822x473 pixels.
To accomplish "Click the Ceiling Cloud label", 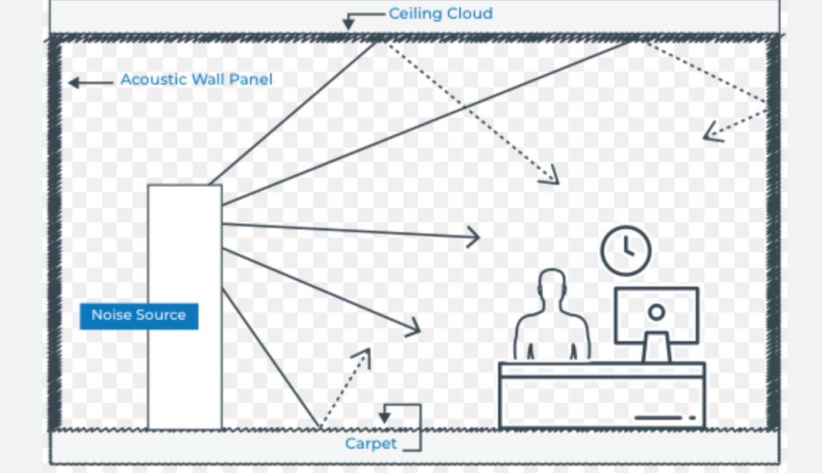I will (x=440, y=14).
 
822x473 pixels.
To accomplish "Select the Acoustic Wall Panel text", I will (x=196, y=80).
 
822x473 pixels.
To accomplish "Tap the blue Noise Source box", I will (x=138, y=315).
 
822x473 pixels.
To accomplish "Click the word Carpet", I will (x=371, y=444).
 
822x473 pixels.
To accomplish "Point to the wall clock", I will (x=626, y=251).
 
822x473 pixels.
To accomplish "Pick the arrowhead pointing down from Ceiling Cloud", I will (x=348, y=24).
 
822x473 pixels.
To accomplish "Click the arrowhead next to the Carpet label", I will (x=386, y=416).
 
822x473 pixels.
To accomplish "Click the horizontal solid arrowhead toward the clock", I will (x=474, y=236).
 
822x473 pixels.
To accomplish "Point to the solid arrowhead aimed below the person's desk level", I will (x=414, y=329).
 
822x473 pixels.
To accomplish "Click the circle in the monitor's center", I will (x=656, y=312).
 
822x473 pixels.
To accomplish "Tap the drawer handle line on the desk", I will (x=658, y=417).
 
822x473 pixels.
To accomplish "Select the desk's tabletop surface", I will (x=601, y=369).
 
